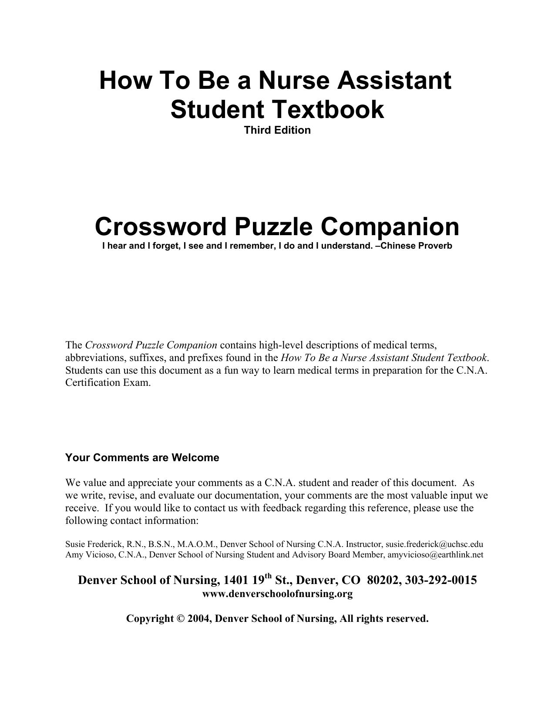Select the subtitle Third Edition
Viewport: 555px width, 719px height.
click(277, 130)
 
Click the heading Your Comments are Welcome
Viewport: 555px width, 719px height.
click(142, 458)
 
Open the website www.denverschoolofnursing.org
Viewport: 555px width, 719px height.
click(277, 594)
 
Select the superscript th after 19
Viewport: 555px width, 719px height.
click(269, 577)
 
